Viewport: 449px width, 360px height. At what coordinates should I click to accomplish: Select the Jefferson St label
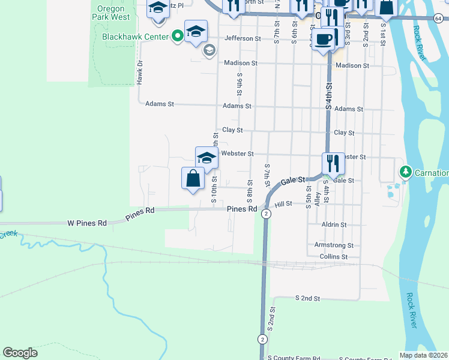click(x=243, y=38)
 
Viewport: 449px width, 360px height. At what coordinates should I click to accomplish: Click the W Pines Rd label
click(x=86, y=223)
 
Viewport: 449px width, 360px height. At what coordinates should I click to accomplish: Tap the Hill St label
click(x=283, y=204)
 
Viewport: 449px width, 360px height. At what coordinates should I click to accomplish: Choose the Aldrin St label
click(x=334, y=224)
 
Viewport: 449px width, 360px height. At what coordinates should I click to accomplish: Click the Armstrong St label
click(x=334, y=245)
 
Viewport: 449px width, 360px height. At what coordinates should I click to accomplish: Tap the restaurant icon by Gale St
click(x=333, y=163)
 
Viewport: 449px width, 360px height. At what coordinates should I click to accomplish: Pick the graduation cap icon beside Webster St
click(x=206, y=157)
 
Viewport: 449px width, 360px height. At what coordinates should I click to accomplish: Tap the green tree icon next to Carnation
click(x=406, y=173)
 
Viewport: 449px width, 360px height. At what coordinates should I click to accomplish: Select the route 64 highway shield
click(x=441, y=19)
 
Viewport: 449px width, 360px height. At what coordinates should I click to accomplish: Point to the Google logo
click(x=20, y=353)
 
